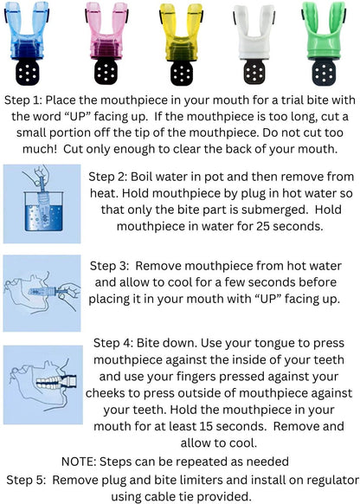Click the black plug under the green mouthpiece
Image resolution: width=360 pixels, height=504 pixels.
click(324, 73)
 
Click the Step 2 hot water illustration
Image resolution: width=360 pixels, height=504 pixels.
click(42, 204)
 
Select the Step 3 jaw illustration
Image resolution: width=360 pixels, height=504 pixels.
click(42, 294)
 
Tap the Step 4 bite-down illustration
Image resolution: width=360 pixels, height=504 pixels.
click(43, 384)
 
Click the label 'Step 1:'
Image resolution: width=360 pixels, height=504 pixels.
click(23, 100)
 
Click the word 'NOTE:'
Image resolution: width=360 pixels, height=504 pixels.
click(79, 462)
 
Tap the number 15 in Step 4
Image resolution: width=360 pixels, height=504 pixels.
click(206, 426)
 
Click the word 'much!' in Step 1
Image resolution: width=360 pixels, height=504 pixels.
click(39, 149)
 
